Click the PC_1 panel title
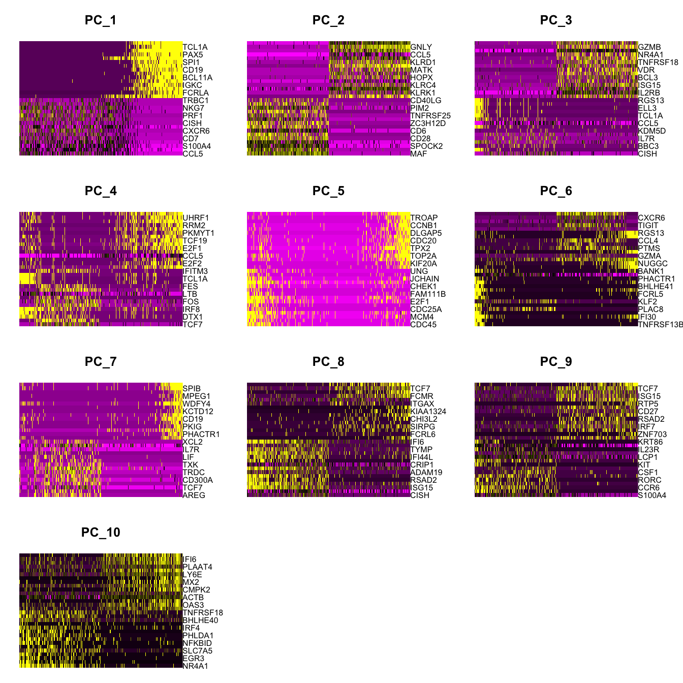tap(101, 20)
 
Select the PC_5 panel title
tap(328, 191)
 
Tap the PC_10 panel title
tap(101, 533)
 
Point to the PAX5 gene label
tap(193, 55)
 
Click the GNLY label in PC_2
tap(421, 47)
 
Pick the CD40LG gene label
tap(426, 101)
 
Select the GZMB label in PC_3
tap(649, 47)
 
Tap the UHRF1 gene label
tap(196, 218)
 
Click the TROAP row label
tap(424, 218)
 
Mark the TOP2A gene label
tap(424, 256)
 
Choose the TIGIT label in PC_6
tap(648, 226)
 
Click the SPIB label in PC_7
tap(192, 389)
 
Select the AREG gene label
tap(194, 495)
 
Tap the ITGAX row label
tap(423, 404)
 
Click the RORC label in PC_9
tap(650, 480)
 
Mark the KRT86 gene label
tap(650, 442)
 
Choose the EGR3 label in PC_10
tap(194, 659)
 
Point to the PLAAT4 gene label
tap(198, 567)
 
